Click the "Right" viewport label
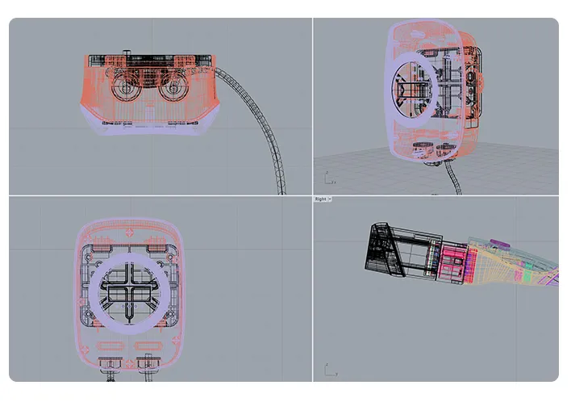tap(320, 199)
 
